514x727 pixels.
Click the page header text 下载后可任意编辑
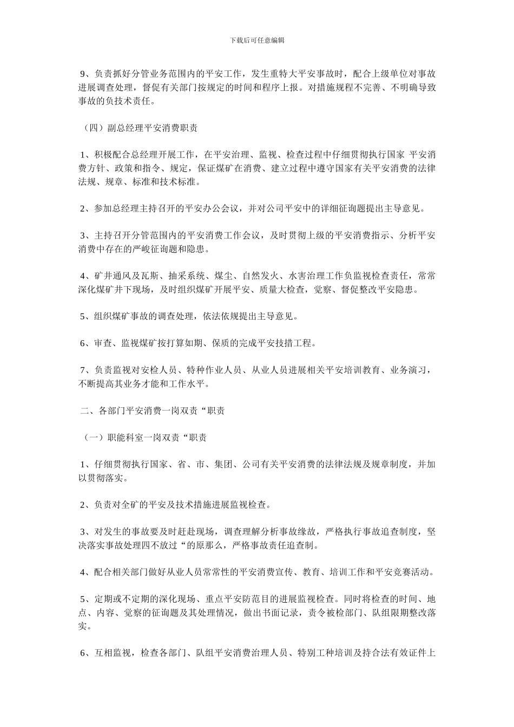click(257, 40)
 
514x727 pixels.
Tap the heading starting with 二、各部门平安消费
click(153, 411)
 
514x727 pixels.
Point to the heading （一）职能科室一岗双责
click(144, 438)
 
